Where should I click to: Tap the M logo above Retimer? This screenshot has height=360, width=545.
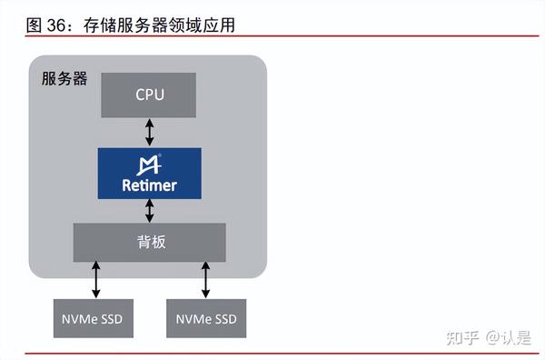click(x=150, y=165)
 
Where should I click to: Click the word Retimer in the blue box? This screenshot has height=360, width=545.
click(x=150, y=185)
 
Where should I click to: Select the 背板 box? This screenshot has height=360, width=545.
click(x=150, y=242)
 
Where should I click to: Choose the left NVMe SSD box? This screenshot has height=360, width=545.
click(x=93, y=319)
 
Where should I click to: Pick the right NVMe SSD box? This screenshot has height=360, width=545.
click(x=206, y=319)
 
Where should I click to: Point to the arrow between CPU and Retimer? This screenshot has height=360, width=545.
click(x=150, y=132)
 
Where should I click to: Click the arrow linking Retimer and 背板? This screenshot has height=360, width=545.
click(x=150, y=211)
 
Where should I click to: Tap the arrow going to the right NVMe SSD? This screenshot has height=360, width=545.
click(x=206, y=280)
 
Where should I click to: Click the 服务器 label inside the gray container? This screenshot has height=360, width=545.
click(x=64, y=78)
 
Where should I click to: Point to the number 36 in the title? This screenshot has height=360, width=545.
click(x=57, y=25)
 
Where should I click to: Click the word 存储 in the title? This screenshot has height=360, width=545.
click(x=99, y=25)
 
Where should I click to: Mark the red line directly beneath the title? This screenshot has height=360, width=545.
click(x=272, y=38)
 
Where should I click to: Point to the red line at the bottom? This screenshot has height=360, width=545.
click(x=272, y=353)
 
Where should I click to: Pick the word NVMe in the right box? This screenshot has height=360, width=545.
click(x=193, y=319)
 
